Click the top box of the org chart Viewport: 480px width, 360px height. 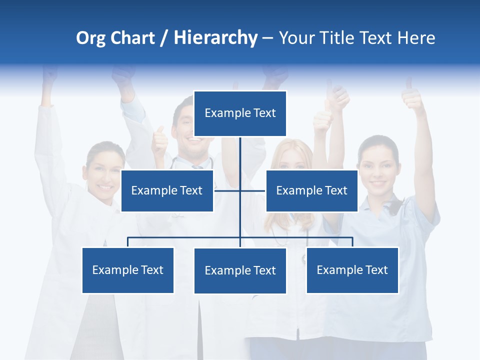[x=240, y=113]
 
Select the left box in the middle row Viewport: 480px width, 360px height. [x=167, y=190]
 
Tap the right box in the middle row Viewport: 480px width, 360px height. [x=311, y=190]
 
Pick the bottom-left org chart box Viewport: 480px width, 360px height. [x=128, y=270]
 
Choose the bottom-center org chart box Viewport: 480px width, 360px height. [x=240, y=270]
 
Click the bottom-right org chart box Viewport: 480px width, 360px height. [x=352, y=270]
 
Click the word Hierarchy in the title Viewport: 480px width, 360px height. [x=215, y=38]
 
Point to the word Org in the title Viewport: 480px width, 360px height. [x=91, y=38]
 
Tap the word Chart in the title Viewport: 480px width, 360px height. [x=132, y=38]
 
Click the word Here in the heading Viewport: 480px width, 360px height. [x=416, y=38]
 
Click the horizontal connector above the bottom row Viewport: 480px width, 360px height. [x=185, y=237]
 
